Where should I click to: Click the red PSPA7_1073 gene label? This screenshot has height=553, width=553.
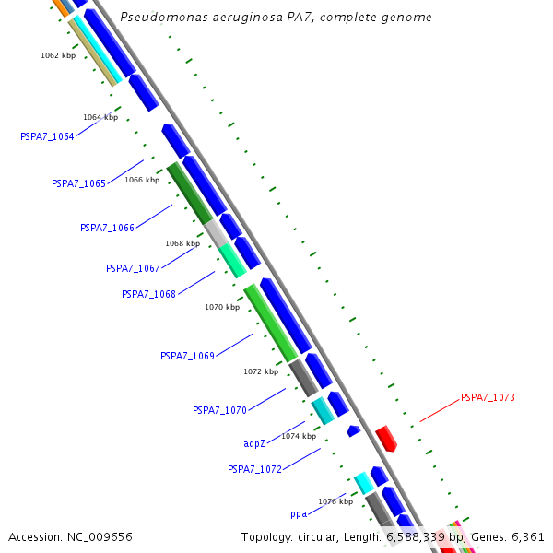point(488,398)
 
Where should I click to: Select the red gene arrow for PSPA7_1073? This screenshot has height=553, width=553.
point(386,439)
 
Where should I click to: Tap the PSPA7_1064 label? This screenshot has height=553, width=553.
point(47,137)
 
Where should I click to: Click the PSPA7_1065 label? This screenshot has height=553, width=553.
point(78,184)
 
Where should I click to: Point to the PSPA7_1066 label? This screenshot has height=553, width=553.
point(107,228)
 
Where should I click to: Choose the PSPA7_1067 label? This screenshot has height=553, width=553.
point(133,269)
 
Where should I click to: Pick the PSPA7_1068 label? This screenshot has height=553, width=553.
point(148,295)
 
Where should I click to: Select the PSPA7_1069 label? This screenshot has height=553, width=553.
point(187,356)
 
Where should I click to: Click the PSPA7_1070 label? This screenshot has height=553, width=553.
point(219,410)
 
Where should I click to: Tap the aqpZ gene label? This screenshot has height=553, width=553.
point(254,444)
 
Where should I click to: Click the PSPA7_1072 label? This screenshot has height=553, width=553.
point(254,470)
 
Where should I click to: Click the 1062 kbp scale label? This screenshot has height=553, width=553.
point(57,56)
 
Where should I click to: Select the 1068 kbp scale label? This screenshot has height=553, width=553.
point(182,244)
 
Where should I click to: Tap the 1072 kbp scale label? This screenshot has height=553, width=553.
point(261,372)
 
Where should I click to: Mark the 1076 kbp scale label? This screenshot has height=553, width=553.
point(335,502)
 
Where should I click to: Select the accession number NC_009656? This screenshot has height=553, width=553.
point(100,536)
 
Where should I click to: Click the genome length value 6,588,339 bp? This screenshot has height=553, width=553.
point(425,536)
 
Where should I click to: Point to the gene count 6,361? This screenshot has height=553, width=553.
point(528,536)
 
